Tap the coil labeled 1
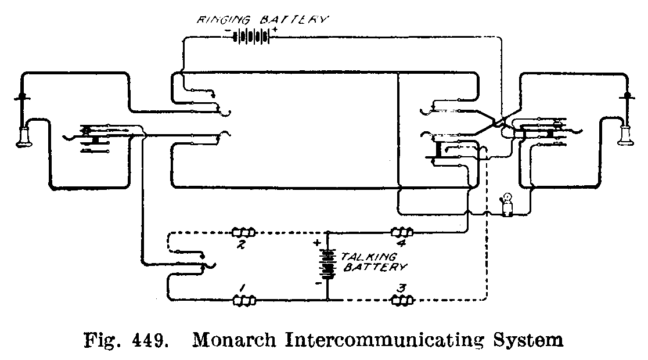coord(244,301)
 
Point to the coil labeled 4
coord(402,232)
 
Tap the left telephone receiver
coord(25,136)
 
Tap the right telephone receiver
coord(626,136)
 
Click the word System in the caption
coord(532,339)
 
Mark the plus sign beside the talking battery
coord(317,244)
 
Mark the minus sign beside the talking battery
coord(318,284)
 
